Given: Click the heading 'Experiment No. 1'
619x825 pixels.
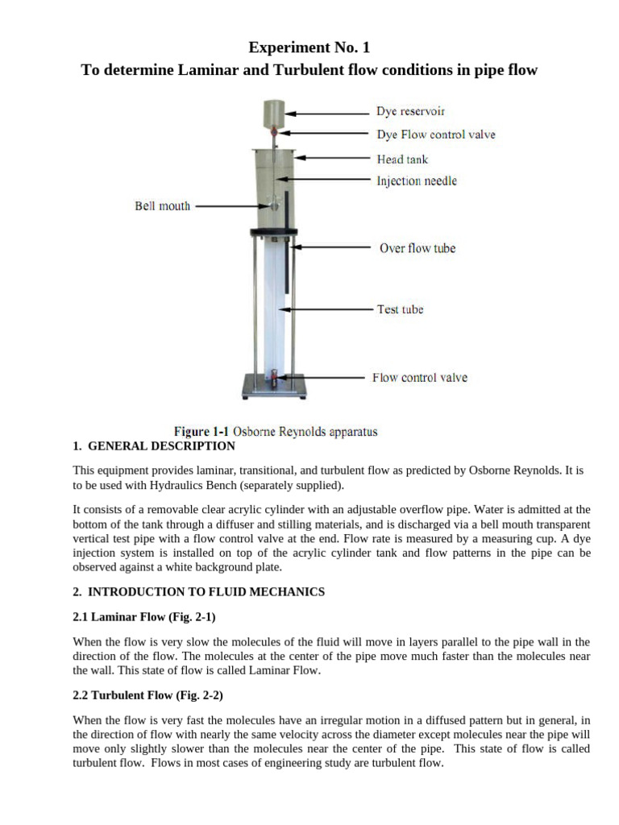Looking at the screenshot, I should point(309,47).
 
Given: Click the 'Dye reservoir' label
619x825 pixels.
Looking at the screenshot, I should point(410,111).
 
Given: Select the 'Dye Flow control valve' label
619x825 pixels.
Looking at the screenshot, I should point(435,135).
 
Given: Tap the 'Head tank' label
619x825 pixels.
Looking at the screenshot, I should point(402,159).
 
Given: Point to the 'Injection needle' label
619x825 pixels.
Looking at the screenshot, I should point(417,181).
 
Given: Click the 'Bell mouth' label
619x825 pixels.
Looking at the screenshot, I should point(162,206).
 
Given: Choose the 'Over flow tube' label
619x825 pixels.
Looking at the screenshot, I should point(418,248).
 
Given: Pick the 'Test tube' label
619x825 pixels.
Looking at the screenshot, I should point(400,309).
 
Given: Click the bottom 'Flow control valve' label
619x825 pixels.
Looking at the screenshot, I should point(419,377).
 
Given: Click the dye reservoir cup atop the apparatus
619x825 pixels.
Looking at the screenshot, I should point(273,113).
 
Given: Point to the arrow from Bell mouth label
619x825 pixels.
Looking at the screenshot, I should point(231,206).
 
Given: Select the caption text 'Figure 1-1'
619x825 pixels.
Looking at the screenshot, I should point(200,431).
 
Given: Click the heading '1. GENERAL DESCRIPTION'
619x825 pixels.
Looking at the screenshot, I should point(154,446).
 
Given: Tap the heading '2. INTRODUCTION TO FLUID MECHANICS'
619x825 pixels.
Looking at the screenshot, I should point(198,591).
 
